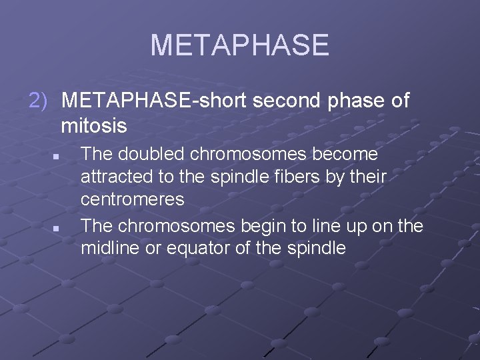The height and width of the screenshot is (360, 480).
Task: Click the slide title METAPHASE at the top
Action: point(239,45)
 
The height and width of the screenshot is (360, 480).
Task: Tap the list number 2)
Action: point(38,101)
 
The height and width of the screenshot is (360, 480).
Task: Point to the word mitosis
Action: point(93,125)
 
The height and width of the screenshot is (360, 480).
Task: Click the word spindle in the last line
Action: point(313,249)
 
